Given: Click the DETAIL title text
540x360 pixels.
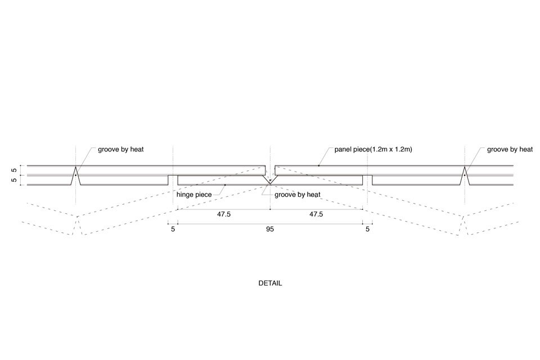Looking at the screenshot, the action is point(270,283).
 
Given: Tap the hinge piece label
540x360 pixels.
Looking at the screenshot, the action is point(194,195).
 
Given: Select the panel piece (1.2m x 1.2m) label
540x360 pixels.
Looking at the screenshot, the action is point(373,150).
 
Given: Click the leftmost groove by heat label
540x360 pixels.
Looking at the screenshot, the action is point(120,150).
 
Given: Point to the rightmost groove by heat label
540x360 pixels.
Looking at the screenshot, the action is point(510,150).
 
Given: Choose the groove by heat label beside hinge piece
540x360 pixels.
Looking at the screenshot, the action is point(297,195).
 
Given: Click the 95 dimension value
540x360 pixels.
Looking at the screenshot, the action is point(270,229).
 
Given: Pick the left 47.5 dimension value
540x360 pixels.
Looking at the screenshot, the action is point(223,214).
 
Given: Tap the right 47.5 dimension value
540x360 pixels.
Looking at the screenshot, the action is point(316,214).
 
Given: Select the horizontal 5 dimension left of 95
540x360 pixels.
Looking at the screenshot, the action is point(173,229).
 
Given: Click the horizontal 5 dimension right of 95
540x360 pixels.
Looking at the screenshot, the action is point(367,229).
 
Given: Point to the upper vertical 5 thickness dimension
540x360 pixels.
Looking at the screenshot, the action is point(14,170).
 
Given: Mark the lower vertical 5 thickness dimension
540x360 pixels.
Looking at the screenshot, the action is point(14,180).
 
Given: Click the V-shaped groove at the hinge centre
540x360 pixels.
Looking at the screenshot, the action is point(270,181).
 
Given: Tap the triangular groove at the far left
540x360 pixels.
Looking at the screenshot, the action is point(76,175).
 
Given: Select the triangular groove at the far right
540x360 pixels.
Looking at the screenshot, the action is point(465,175).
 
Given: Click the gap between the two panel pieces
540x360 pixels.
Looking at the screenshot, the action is point(270,170).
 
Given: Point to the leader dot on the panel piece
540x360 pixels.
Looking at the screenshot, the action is point(318,166).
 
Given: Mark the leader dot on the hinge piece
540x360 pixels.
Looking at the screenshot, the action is point(225,185).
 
